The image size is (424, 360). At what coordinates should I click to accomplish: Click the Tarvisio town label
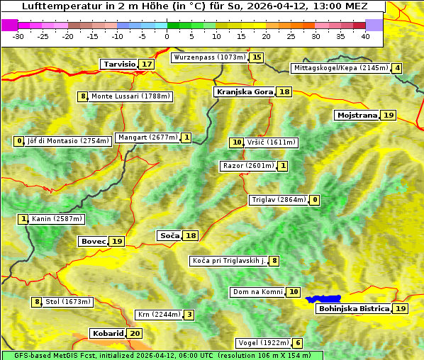[x=119, y=64]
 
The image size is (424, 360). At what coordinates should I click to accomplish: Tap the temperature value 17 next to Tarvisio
[x=147, y=64]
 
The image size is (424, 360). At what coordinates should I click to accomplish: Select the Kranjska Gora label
[x=244, y=91]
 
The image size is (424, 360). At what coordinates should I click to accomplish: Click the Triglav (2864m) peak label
[x=279, y=200]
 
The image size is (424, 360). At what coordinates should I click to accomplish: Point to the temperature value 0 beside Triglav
[x=315, y=200]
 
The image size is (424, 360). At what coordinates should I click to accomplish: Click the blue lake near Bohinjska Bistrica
[x=323, y=299]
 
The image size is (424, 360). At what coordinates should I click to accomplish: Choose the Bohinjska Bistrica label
[x=354, y=308]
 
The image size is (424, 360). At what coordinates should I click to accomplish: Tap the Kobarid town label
[x=107, y=333]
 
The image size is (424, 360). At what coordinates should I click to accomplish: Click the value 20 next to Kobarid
[x=135, y=333]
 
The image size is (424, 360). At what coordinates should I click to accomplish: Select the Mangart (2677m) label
[x=147, y=137]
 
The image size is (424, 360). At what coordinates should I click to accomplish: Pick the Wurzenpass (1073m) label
[x=210, y=57]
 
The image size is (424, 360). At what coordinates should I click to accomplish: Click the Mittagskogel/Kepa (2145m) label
[x=340, y=68]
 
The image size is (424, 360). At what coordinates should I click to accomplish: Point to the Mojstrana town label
[x=357, y=115]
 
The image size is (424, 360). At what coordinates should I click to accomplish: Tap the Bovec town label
[x=93, y=241]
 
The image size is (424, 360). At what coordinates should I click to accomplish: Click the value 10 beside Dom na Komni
[x=294, y=292]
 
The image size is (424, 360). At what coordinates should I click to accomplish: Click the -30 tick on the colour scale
[x=18, y=35]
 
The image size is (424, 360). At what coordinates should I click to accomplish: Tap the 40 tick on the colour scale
[x=365, y=35]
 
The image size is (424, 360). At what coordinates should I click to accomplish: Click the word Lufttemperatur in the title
[x=55, y=6]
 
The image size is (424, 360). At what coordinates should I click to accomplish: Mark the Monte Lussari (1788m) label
[x=130, y=96]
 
